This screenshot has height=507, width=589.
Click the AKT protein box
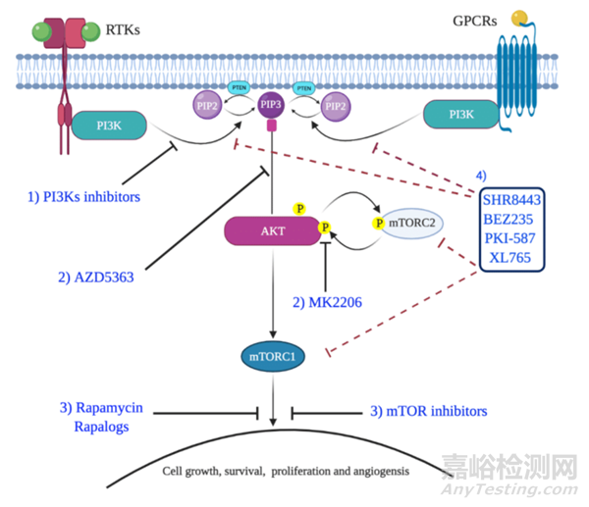coord(267,230)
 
